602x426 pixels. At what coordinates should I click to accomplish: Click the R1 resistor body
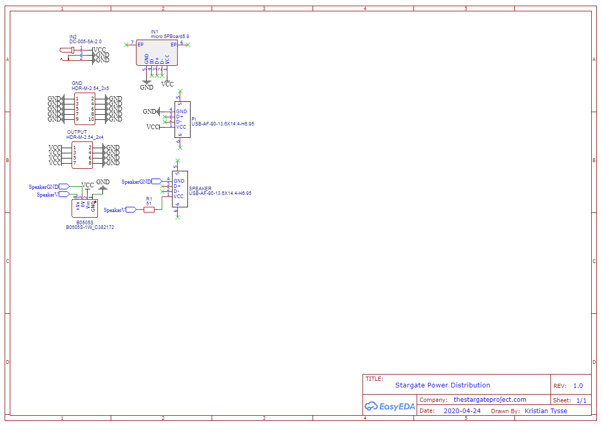point(149,209)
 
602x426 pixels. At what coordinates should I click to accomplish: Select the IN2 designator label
point(73,37)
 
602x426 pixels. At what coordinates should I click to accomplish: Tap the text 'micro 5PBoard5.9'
point(166,37)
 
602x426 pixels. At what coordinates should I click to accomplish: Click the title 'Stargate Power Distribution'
point(442,385)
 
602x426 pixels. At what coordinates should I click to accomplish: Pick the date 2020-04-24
point(462,411)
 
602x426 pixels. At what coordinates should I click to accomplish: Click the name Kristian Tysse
point(546,411)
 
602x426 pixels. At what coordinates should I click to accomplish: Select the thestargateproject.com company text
point(490,400)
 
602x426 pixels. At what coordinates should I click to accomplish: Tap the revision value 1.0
point(578,385)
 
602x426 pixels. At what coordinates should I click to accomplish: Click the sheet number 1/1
point(581,400)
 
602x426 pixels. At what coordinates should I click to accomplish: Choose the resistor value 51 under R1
point(149,203)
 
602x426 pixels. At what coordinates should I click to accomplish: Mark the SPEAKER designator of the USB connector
point(200,188)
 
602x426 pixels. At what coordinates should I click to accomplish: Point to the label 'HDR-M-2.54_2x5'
point(90,88)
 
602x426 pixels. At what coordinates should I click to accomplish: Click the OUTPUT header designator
point(77,132)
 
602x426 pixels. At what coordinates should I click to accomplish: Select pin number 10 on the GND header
point(91,119)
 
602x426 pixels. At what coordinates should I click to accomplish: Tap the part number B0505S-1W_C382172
point(90,227)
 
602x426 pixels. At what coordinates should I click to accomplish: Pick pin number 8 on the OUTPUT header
point(90,163)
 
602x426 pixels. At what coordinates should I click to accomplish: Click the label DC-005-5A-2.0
point(85,41)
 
